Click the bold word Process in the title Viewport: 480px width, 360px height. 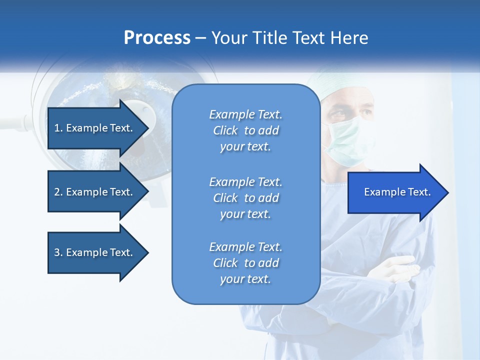click(156, 38)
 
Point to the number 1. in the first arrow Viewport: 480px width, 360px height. click(58, 128)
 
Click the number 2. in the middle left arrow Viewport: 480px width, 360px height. click(58, 192)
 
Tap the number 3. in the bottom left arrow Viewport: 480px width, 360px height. click(58, 252)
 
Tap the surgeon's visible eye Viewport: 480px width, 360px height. click(340, 114)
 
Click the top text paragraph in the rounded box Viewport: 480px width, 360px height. click(245, 130)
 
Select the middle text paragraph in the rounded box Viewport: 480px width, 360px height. click(245, 198)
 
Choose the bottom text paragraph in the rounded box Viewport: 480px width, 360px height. click(245, 263)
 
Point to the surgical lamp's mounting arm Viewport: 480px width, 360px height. click(12, 122)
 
